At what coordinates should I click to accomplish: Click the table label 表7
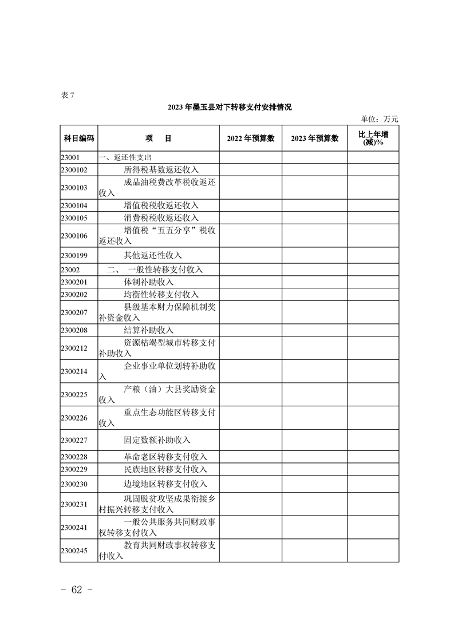(67, 95)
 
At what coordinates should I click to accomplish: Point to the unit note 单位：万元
(379, 119)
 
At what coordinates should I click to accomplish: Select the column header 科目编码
(78, 138)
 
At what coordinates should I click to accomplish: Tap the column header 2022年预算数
(251, 138)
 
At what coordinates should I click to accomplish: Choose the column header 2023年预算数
(314, 138)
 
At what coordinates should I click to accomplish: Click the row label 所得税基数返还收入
(161, 169)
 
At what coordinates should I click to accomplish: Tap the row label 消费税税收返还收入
(161, 217)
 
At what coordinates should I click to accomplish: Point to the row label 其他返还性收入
(153, 255)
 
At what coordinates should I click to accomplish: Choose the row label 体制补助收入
(148, 282)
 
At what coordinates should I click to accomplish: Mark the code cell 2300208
(73, 330)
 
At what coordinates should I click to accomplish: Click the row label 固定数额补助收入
(157, 440)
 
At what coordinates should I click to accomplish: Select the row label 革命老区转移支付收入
(165, 457)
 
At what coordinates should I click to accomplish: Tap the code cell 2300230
(73, 484)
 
